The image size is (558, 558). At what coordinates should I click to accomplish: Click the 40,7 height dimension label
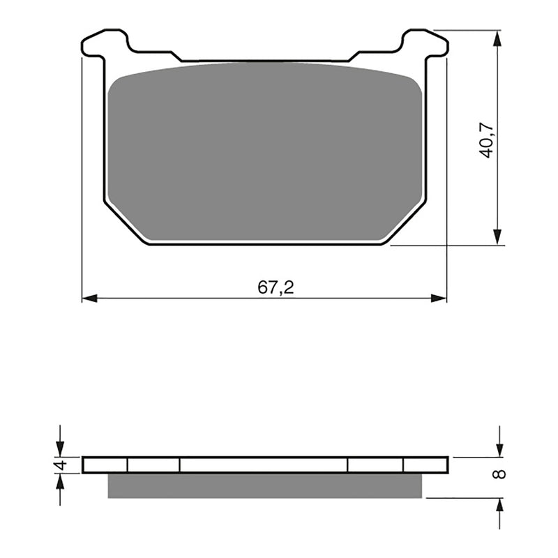[486, 139]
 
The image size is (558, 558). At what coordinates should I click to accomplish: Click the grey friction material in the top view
[265, 153]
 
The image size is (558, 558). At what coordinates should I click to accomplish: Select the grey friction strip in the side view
[265, 486]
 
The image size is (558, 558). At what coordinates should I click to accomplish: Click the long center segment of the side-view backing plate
[264, 465]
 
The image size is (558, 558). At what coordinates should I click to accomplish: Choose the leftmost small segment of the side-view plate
[105, 465]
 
